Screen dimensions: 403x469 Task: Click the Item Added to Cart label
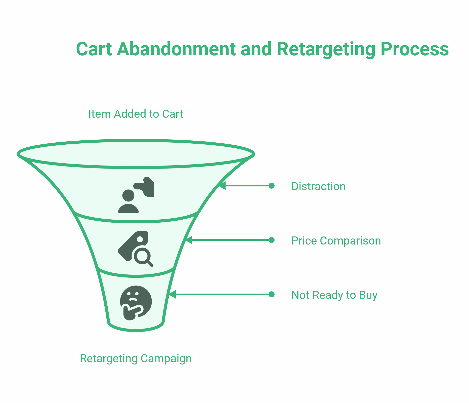click(136, 114)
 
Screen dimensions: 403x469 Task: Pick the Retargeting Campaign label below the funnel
click(136, 358)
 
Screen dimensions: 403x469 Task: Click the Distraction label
click(318, 186)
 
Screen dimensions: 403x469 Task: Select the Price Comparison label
click(336, 241)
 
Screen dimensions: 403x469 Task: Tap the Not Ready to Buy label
click(334, 295)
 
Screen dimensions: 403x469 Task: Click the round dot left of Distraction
click(271, 186)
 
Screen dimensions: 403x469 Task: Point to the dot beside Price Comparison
click(271, 240)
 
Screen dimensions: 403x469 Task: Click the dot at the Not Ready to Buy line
click(271, 294)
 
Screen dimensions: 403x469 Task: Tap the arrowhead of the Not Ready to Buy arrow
click(172, 294)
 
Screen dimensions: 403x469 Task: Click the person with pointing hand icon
click(136, 195)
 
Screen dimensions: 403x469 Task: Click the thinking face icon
click(136, 303)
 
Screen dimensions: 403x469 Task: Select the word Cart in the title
click(94, 49)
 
